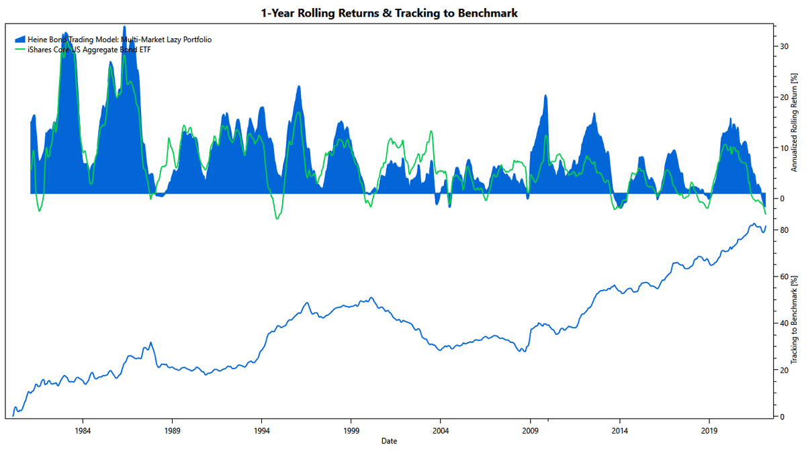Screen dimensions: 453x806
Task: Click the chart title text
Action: coord(389,13)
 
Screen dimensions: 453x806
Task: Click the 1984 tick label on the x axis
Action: coord(83,430)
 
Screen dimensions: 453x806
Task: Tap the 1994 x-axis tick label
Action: coord(261,430)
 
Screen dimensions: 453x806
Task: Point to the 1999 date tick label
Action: coord(351,430)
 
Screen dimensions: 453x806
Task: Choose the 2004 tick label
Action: coord(440,430)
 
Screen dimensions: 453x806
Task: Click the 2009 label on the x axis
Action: coord(530,430)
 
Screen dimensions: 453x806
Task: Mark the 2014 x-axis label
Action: coord(619,430)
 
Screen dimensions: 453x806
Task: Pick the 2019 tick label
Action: coord(709,430)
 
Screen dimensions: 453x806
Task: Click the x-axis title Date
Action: coord(389,441)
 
